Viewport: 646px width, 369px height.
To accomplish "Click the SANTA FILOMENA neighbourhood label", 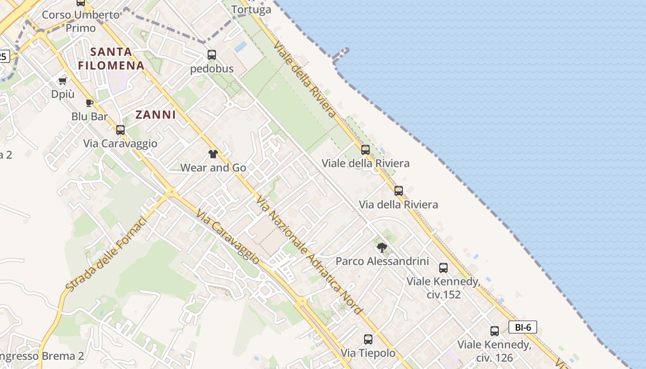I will pos(111,58).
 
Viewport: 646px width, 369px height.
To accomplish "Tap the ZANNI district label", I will pos(156,115).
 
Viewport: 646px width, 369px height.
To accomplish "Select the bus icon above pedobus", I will pos(212,55).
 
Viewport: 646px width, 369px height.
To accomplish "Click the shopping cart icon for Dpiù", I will pos(62,81).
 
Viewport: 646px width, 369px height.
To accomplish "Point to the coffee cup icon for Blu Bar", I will pos(90,103).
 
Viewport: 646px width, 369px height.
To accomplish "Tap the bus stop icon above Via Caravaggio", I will pos(120,130).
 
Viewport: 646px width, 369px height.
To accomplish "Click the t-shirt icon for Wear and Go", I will pos(213,154).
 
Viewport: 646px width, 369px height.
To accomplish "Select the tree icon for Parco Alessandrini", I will pos(382,248).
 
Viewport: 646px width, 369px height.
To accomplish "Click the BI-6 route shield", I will pos(523,327).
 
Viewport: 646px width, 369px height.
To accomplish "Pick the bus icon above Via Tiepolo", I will pos(368,339).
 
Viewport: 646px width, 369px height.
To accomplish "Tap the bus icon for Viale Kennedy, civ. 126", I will pos(495,331).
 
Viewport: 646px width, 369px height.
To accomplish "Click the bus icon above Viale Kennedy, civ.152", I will pos(443,268).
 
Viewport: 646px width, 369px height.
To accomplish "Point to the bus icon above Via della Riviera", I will pos(399,190).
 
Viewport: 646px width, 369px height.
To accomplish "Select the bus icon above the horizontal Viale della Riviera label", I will pos(365,149).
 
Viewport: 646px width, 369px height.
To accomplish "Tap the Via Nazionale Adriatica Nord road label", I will pos(309,255).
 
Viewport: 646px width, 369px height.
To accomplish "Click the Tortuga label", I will pos(251,9).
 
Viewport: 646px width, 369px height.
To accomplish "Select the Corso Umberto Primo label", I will pos(81,21).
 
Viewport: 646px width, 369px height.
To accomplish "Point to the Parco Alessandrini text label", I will pos(382,261).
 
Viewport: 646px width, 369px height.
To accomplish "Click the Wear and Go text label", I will pos(213,168).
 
